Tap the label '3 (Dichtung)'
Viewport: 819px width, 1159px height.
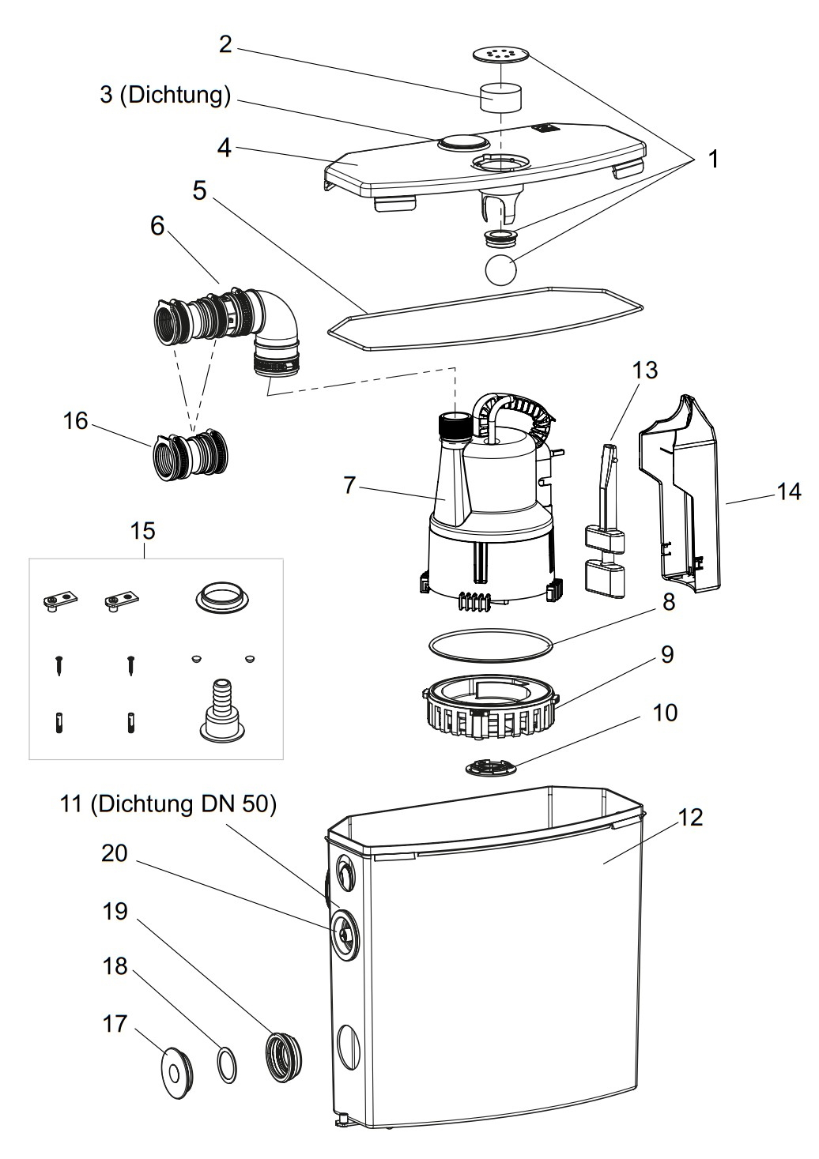[x=165, y=95]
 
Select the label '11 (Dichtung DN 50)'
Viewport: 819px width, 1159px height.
[x=168, y=804]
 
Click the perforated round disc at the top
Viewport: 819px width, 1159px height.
[x=500, y=54]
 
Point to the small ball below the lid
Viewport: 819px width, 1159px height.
[x=500, y=269]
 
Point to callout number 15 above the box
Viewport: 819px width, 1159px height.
[x=143, y=530]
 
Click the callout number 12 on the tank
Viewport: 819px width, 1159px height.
[x=690, y=817]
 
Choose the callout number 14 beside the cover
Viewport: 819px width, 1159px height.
[x=788, y=491]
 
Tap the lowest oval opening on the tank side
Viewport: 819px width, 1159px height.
[x=348, y=1049]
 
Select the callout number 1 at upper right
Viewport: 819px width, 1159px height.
[x=713, y=159]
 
